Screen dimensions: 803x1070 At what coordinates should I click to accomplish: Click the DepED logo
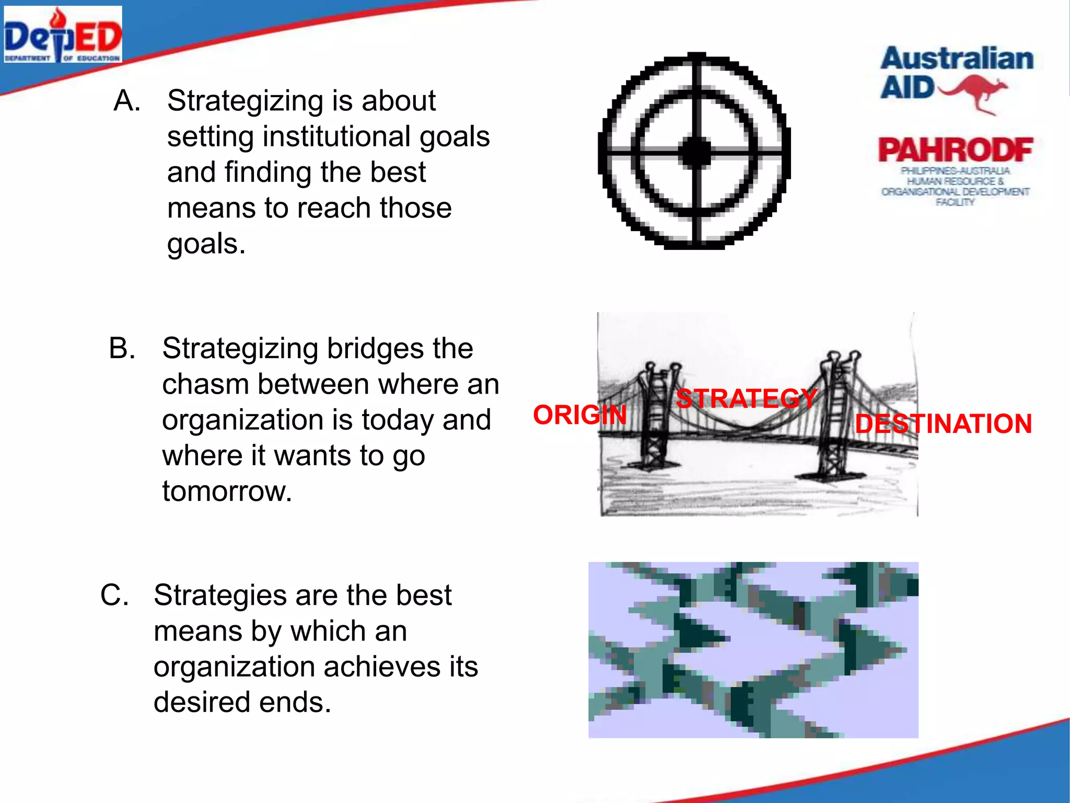click(63, 35)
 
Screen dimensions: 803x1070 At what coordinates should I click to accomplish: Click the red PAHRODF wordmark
click(956, 150)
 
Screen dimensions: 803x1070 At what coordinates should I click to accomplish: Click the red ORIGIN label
click(579, 415)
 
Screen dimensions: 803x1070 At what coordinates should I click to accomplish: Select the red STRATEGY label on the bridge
click(746, 399)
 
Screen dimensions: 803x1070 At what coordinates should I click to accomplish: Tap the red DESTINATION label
click(944, 424)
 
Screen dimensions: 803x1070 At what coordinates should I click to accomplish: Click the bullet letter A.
click(126, 100)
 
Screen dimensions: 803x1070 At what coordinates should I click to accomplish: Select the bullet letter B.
click(122, 348)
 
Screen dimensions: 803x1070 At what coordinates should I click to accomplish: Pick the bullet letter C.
click(114, 595)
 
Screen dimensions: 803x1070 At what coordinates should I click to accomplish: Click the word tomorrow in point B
click(226, 491)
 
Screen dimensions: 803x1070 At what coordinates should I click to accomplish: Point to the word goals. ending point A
click(206, 244)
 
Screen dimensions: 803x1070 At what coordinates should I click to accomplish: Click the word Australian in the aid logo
click(957, 59)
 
